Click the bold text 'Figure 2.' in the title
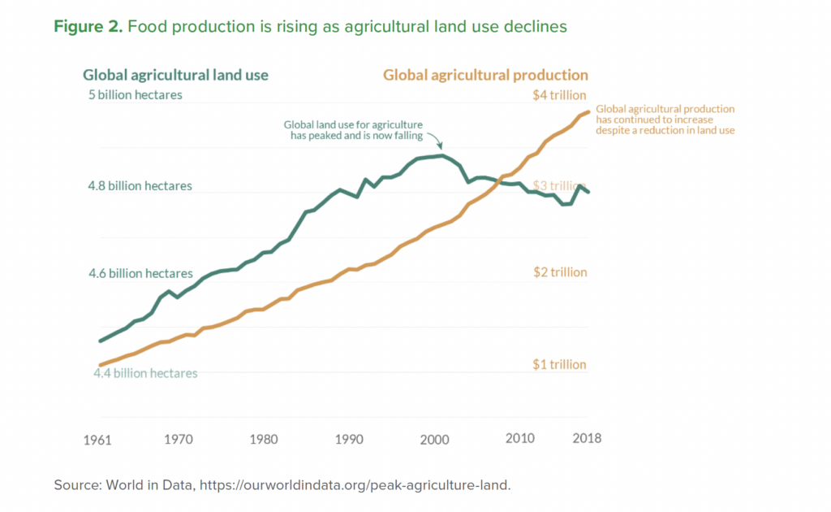tap(87, 27)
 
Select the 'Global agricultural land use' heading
tap(175, 75)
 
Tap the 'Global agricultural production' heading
tap(485, 75)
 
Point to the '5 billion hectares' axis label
tap(136, 94)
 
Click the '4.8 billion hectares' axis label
tap(140, 186)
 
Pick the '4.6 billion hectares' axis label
tap(140, 274)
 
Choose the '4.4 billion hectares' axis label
tap(145, 373)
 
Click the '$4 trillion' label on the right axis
tap(559, 95)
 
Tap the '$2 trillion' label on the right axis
tap(559, 272)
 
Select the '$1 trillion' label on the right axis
tap(559, 364)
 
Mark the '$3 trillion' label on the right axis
tap(559, 185)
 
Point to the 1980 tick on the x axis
tap(263, 439)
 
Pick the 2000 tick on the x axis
tap(434, 439)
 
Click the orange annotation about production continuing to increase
tap(665, 119)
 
